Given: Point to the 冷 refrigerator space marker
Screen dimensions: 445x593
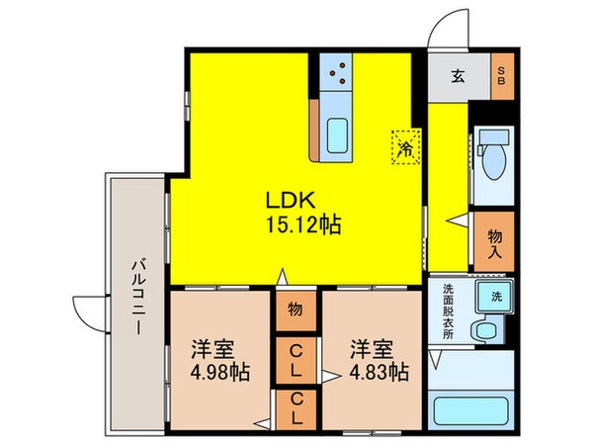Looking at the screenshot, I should click(404, 148).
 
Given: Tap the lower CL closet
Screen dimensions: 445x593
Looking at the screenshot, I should click(295, 408).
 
